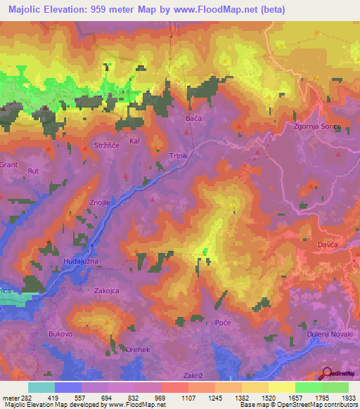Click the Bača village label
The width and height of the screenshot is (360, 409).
194,119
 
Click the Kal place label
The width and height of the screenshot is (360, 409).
135,141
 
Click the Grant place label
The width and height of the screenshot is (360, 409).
8,164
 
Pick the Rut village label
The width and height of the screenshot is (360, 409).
32,171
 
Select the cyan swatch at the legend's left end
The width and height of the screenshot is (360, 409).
41,387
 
